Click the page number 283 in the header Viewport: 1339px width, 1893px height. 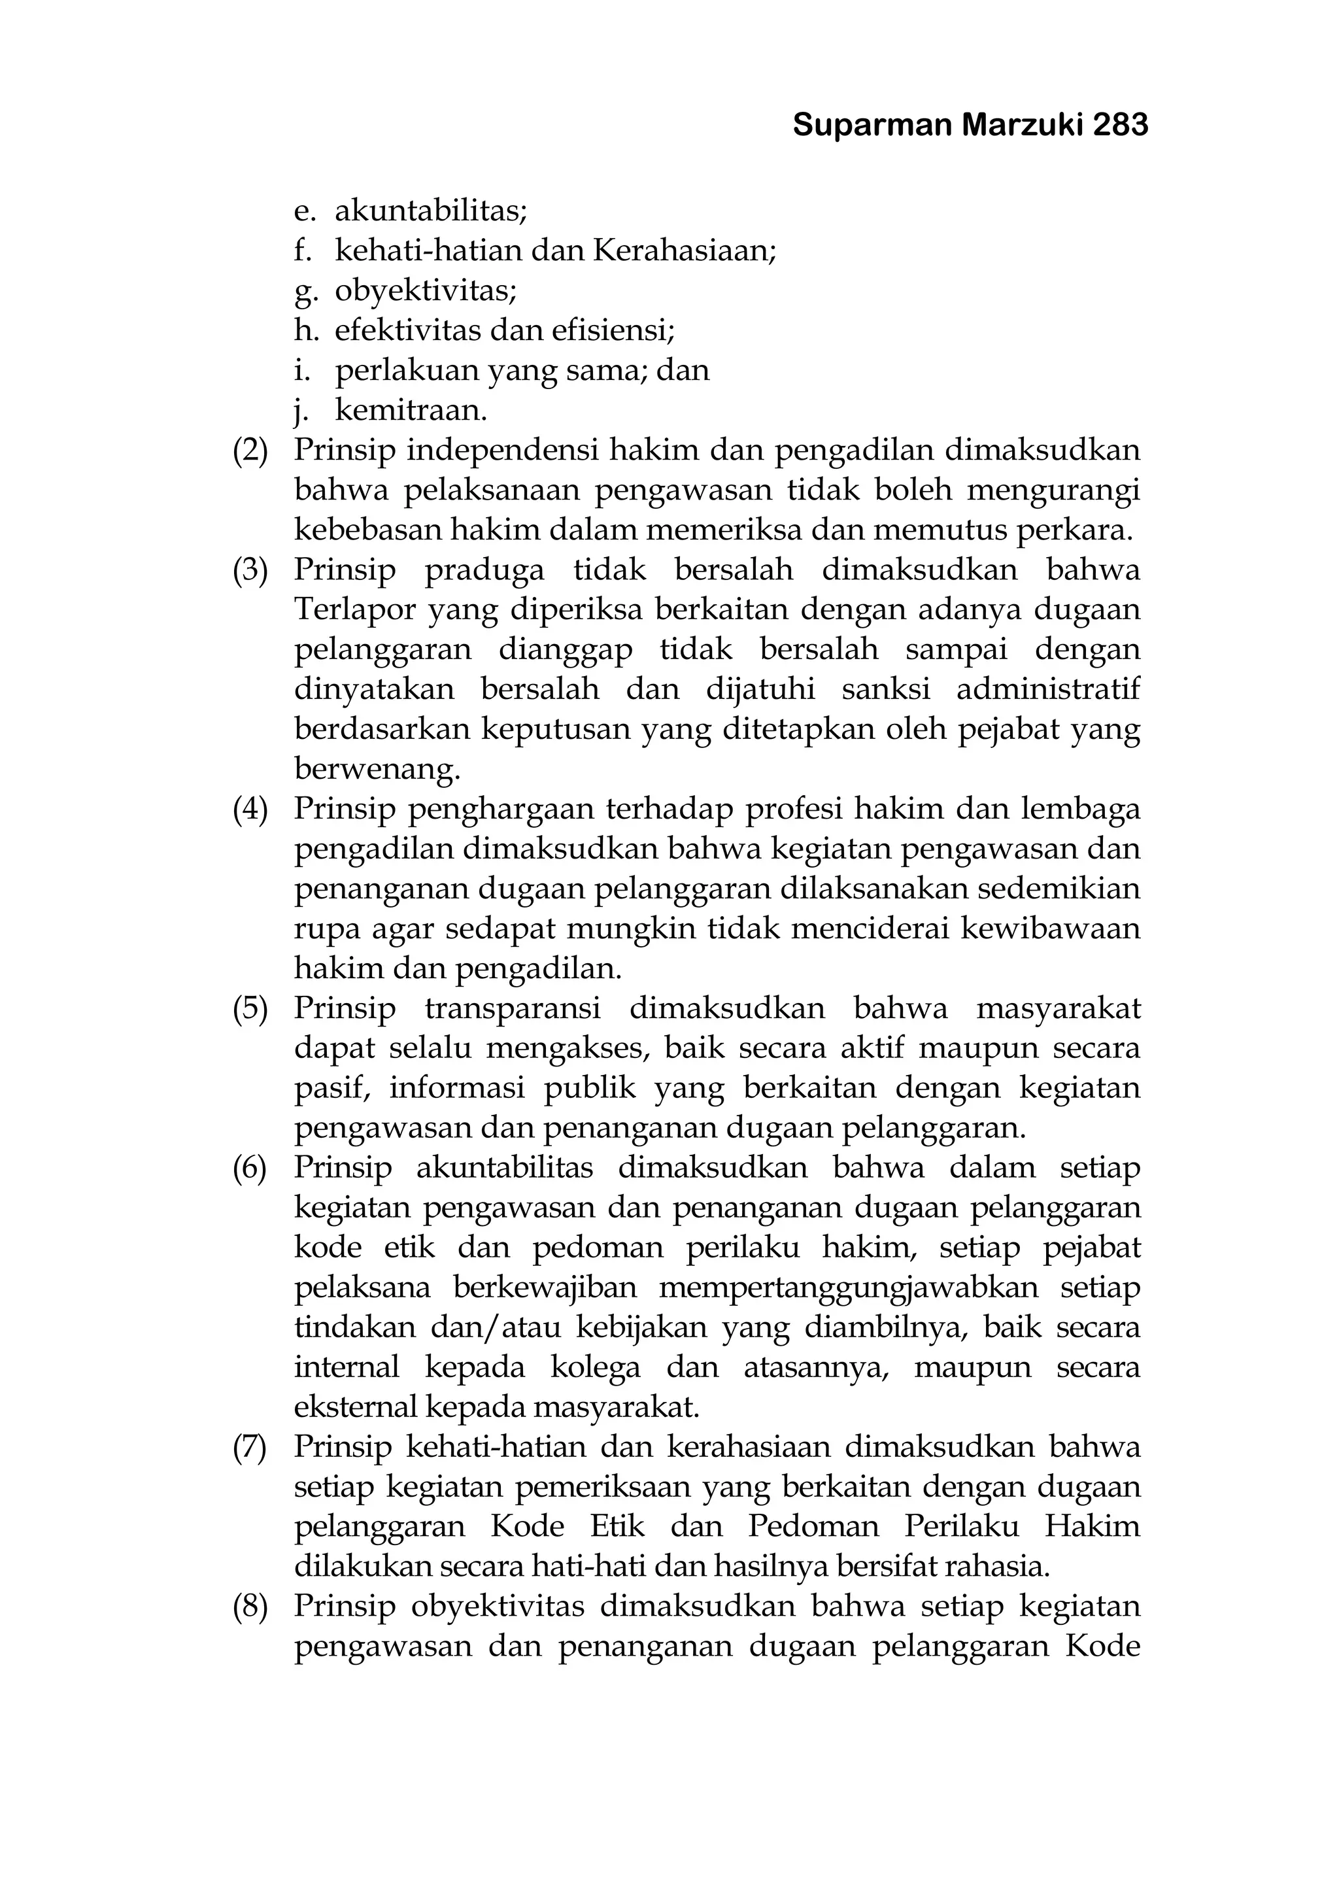pyautogui.click(x=1121, y=126)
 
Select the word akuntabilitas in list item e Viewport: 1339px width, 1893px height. pyautogui.click(x=430, y=212)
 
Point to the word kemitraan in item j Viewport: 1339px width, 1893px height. pyautogui.click(x=410, y=410)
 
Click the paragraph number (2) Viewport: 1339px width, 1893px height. pyautogui.click(x=250, y=450)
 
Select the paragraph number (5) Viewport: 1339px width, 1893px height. pyautogui.click(x=250, y=1008)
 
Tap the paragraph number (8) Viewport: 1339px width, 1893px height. pyautogui.click(x=250, y=1606)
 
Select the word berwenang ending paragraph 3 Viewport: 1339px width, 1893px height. pyautogui.click(x=376, y=770)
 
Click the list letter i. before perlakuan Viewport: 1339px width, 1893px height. pyautogui.click(x=302, y=370)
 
